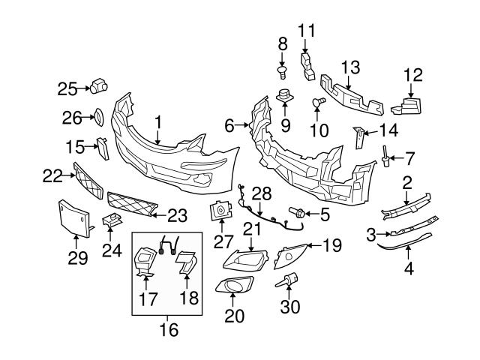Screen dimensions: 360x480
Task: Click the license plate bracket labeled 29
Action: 73,217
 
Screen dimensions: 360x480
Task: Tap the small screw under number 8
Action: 283,72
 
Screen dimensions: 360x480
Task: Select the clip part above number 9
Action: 283,97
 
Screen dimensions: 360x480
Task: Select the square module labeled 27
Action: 223,213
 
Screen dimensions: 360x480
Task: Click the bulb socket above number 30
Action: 288,282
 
